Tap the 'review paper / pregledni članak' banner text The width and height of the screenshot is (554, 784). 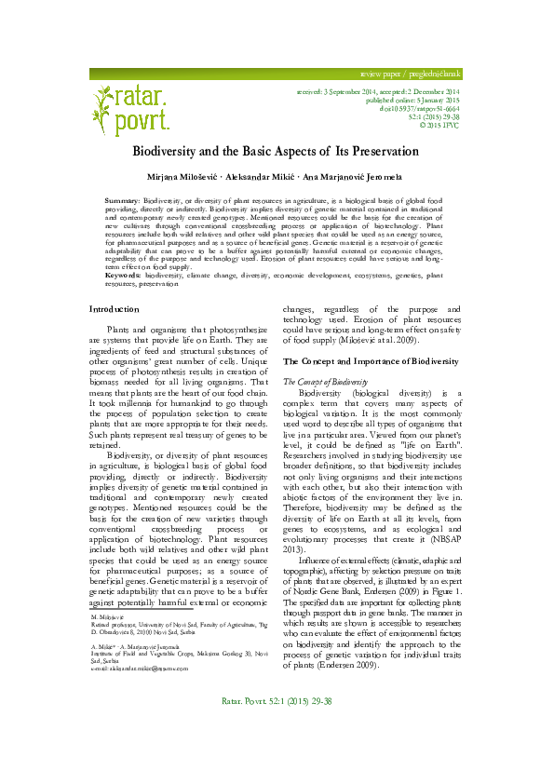point(411,73)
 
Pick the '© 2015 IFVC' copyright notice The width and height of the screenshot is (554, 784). point(439,126)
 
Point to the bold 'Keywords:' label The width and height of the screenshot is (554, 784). point(125,250)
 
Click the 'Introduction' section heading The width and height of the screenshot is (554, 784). point(114,282)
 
